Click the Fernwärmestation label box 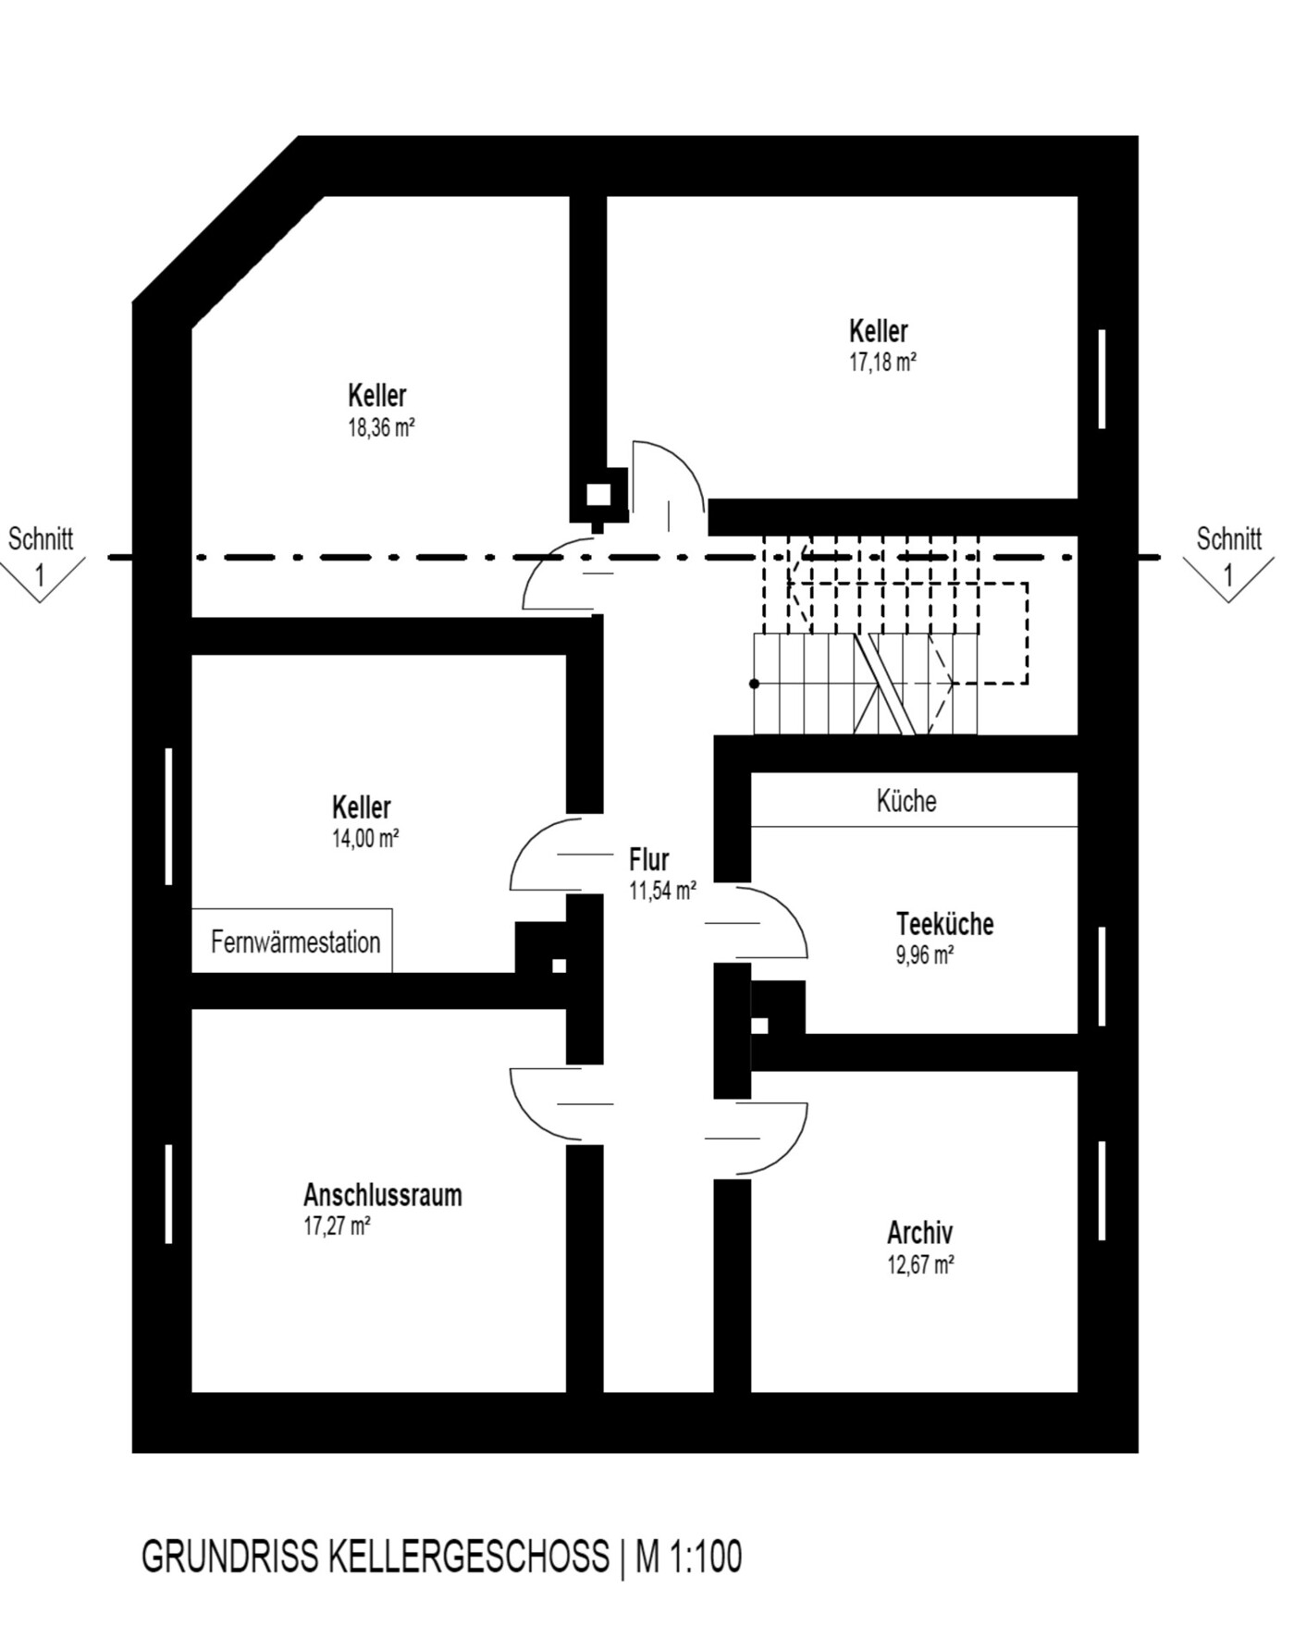[x=292, y=941]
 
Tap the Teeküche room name [x=944, y=923]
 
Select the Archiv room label [x=919, y=1232]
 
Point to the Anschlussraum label [x=383, y=1194]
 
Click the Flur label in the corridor [x=648, y=859]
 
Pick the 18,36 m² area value [x=380, y=427]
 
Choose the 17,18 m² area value [x=882, y=362]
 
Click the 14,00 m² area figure [x=365, y=838]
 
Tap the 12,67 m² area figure [x=920, y=1264]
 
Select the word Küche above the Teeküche [x=906, y=800]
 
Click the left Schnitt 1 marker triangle [x=40, y=579]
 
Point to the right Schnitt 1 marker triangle [x=1228, y=579]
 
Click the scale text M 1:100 [x=689, y=1557]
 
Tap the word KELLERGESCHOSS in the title [x=469, y=1557]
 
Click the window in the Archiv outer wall [x=1102, y=1190]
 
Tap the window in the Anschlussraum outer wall [x=168, y=1194]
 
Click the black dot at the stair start [x=754, y=683]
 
